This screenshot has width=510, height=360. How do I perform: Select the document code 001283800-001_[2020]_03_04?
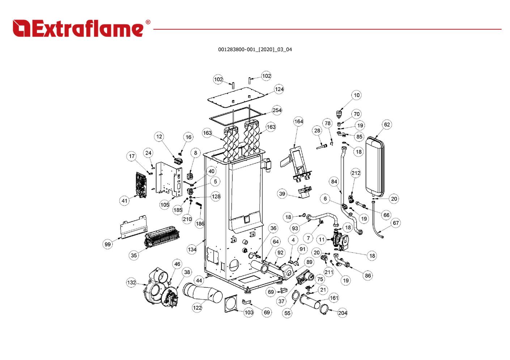tap(255, 50)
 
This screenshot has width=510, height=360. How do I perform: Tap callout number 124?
tap(279, 89)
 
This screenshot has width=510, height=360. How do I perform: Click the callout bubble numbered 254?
tap(277, 110)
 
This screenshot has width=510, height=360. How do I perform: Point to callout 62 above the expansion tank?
tap(387, 125)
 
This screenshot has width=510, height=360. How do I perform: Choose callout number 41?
tap(125, 201)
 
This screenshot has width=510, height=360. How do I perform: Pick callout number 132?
tap(131, 282)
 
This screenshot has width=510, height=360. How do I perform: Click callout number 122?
tap(197, 308)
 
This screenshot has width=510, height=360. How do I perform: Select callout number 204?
tap(343, 313)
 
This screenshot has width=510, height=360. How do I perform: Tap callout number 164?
tap(298, 121)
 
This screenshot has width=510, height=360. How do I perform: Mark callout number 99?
tap(108, 244)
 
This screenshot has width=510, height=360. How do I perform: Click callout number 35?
tap(134, 255)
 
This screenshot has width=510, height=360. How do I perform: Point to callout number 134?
tap(192, 249)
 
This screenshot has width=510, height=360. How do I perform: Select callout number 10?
tap(357, 95)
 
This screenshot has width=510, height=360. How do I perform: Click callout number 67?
tap(396, 223)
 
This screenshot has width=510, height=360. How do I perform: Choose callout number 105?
tap(165, 205)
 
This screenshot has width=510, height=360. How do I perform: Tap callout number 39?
tap(282, 194)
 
